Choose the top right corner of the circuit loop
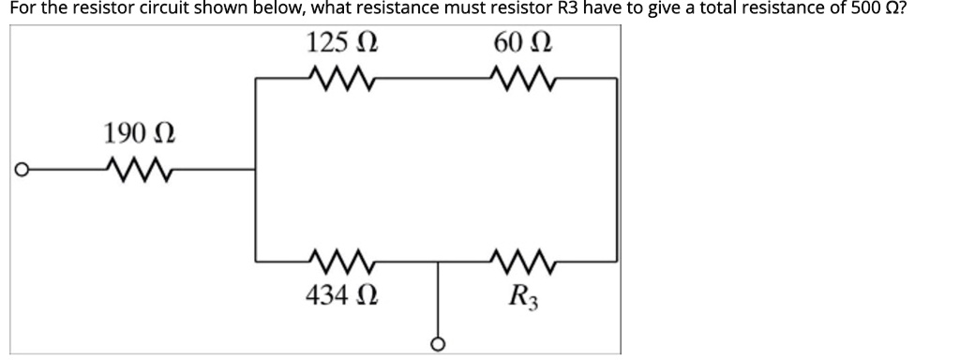pos(617,81)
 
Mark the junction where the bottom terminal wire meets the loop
pos(437,261)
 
